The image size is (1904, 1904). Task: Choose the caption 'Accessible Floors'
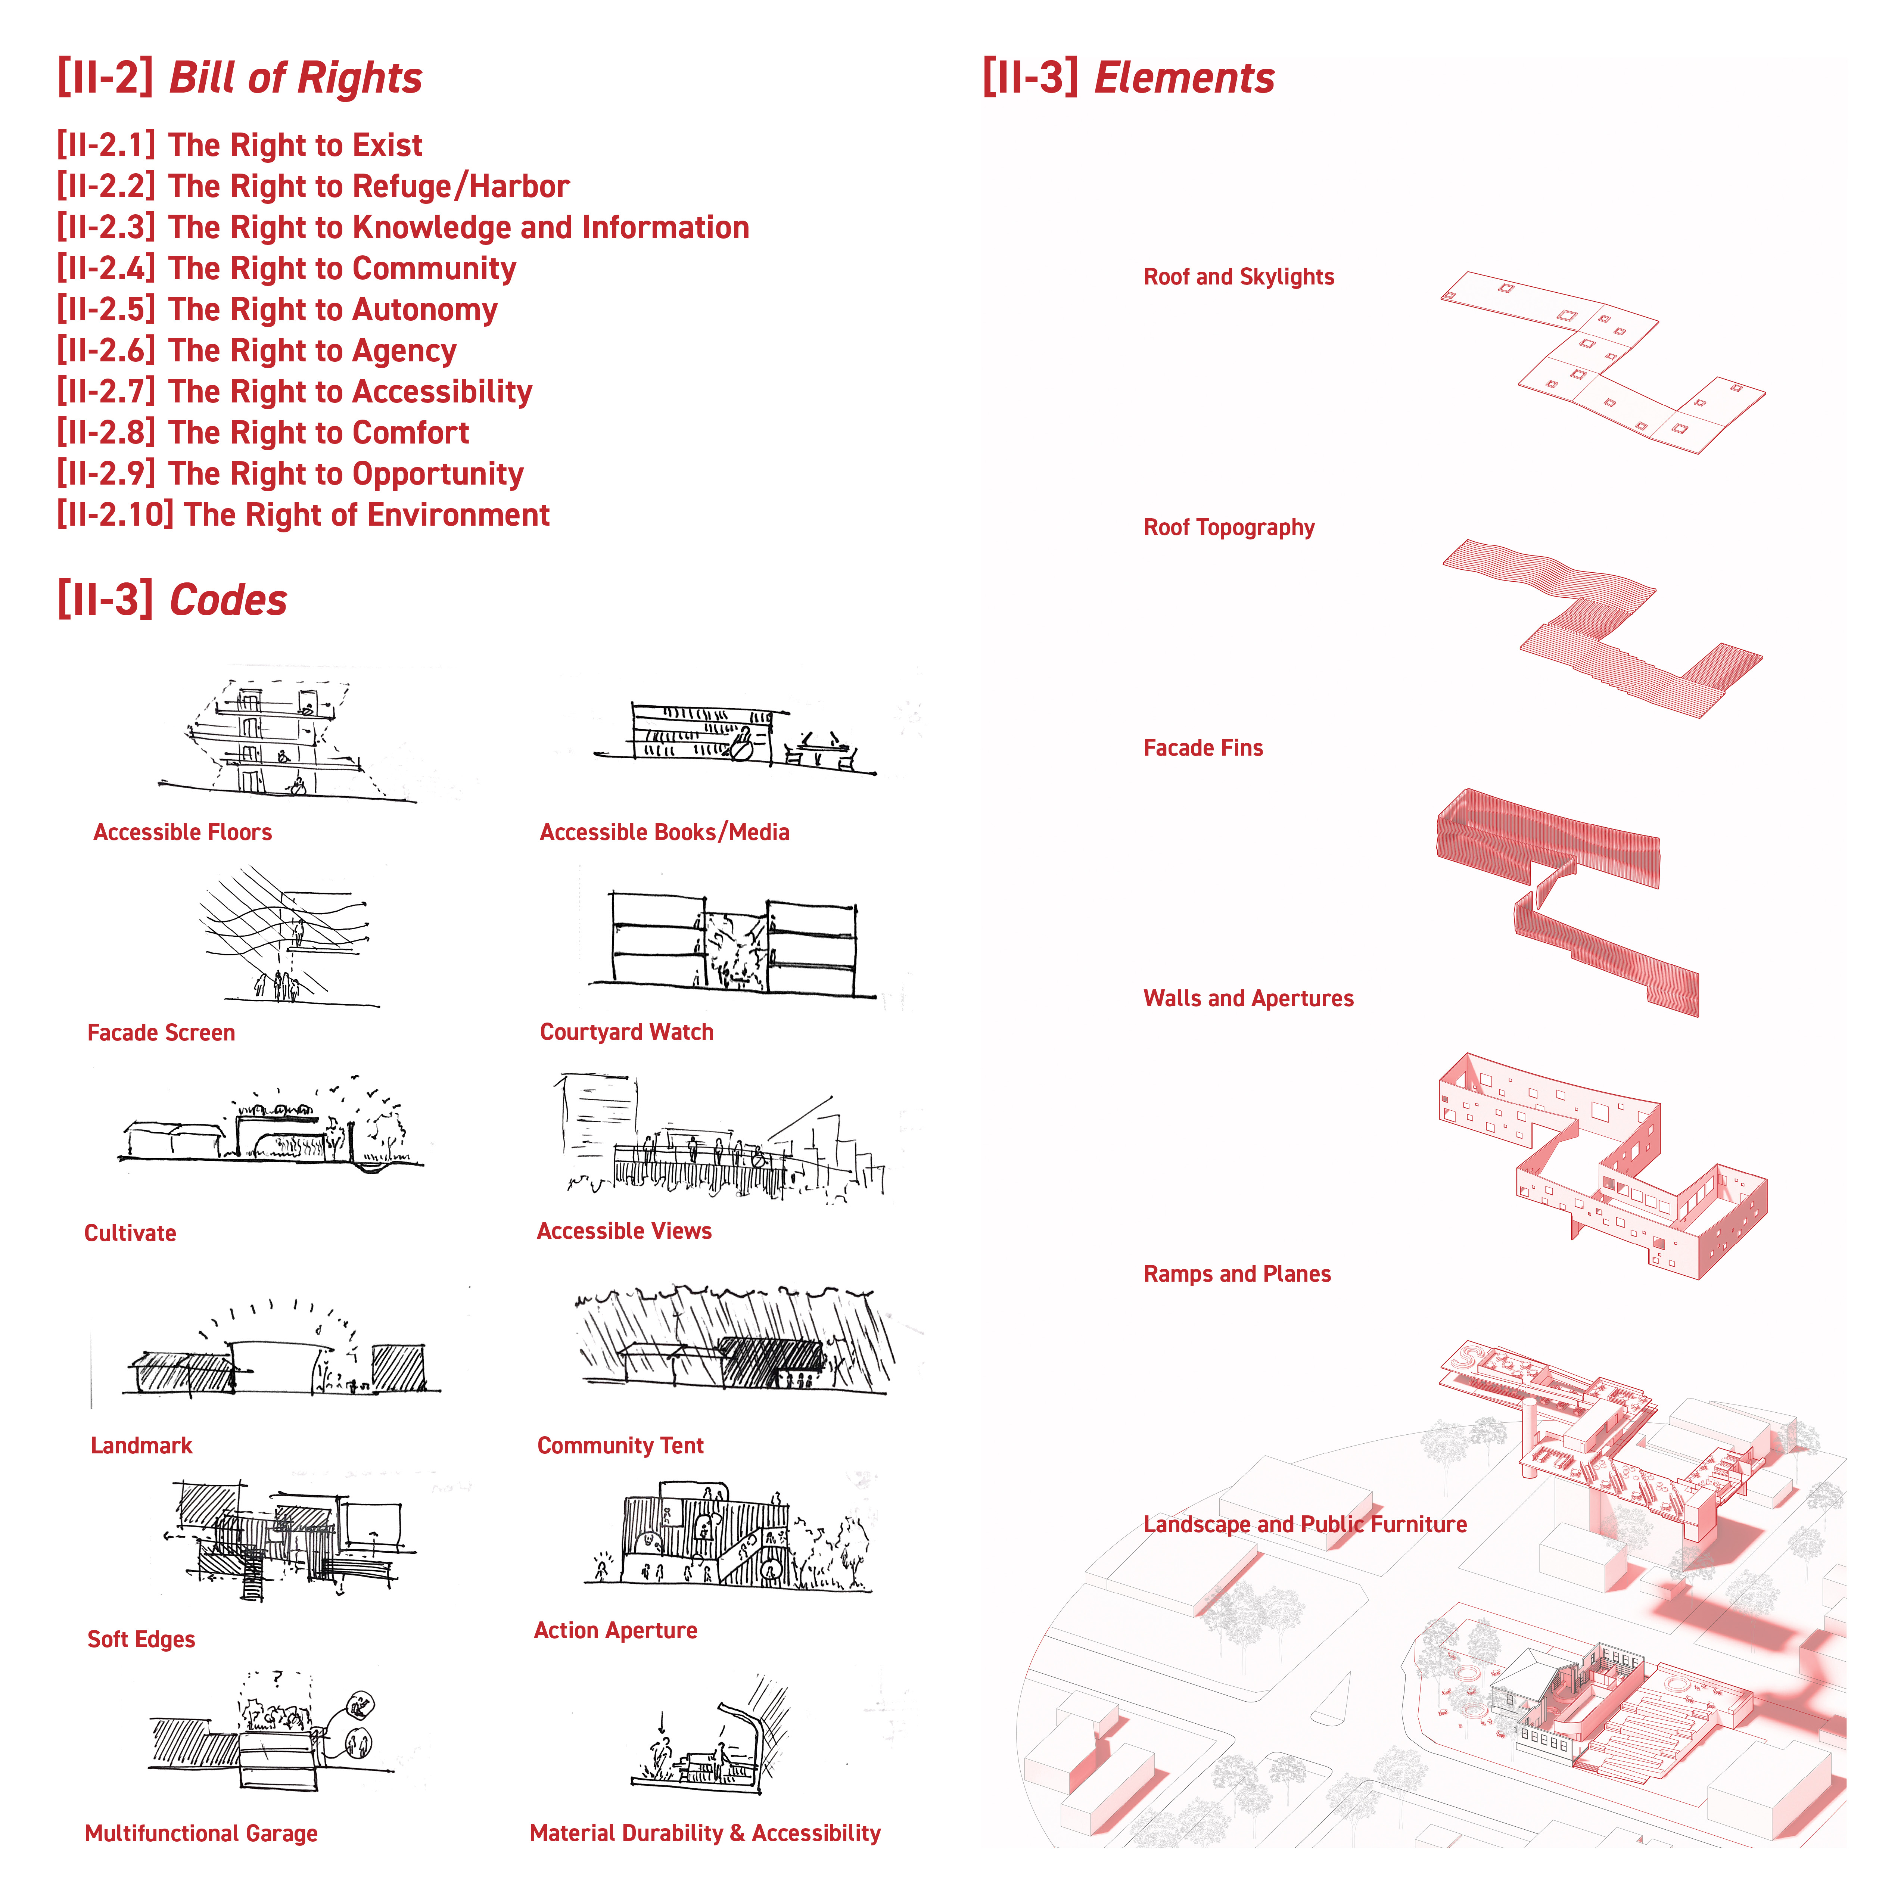click(x=182, y=832)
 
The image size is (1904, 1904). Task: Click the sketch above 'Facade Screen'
click(x=286, y=936)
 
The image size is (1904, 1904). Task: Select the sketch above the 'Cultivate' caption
click(x=271, y=1129)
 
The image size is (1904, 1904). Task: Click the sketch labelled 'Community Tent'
click(x=734, y=1340)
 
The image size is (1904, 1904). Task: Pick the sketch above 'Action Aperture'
click(x=727, y=1537)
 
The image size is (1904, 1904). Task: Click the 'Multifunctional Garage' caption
click(x=201, y=1833)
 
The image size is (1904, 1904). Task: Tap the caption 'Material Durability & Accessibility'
click(x=704, y=1833)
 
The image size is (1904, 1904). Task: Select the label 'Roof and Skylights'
click(x=1238, y=277)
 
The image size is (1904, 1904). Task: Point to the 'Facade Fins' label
click(x=1202, y=748)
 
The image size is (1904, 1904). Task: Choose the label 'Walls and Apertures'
click(x=1248, y=998)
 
